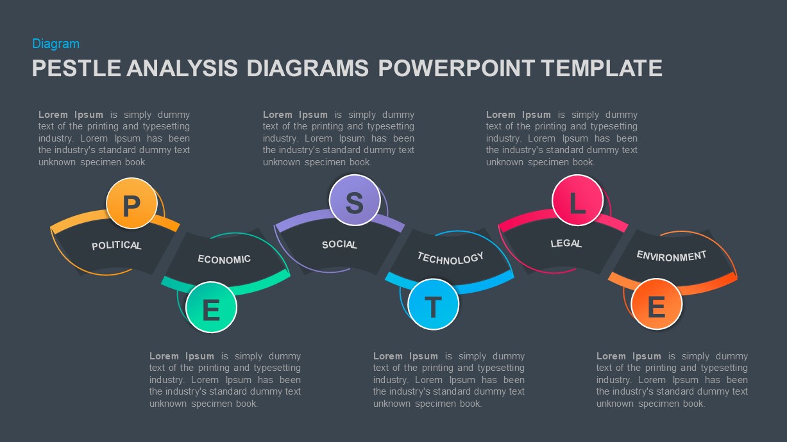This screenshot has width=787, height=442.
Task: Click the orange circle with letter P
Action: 131,204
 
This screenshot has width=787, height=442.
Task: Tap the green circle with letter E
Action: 211,307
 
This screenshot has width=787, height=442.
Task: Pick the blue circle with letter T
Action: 434,304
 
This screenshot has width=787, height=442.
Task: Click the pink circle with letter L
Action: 577,201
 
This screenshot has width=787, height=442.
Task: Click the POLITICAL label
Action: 117,245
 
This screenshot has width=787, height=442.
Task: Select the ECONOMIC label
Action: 224,259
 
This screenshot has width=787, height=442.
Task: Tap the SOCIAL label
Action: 339,244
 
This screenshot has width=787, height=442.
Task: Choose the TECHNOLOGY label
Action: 450,258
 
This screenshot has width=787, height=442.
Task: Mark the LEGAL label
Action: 566,243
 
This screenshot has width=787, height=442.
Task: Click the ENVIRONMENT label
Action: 671,256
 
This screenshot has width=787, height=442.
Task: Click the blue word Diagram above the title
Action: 56,44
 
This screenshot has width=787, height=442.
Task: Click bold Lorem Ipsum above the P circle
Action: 71,115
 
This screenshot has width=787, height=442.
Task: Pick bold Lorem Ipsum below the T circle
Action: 405,356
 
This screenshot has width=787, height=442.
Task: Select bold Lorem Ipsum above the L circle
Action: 518,115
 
